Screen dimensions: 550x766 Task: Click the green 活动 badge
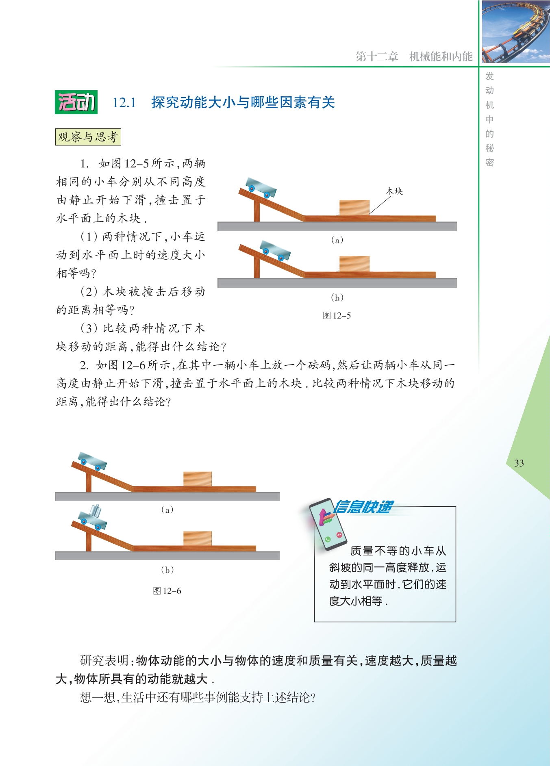click(x=76, y=102)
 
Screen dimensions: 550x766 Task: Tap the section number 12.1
click(x=124, y=102)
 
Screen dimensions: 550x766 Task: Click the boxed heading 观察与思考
click(x=88, y=137)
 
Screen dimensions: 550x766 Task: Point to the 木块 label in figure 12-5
click(x=394, y=191)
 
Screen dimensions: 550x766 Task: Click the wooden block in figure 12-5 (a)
click(x=354, y=208)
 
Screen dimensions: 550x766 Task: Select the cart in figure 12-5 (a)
click(x=261, y=187)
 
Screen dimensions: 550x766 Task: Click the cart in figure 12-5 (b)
click(x=275, y=251)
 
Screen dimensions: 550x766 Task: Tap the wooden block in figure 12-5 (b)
click(x=354, y=264)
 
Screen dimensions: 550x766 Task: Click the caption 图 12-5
click(x=337, y=316)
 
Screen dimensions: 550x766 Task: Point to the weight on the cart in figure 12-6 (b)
click(x=96, y=510)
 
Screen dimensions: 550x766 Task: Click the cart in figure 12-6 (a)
click(x=92, y=461)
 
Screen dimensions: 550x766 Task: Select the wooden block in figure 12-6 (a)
click(x=198, y=479)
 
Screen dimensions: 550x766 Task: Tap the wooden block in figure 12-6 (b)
click(x=198, y=538)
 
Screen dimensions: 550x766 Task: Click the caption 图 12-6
click(x=167, y=591)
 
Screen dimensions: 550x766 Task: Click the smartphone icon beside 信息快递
click(x=328, y=525)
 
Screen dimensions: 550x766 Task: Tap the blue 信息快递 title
click(x=363, y=507)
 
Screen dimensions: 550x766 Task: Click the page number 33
click(x=519, y=463)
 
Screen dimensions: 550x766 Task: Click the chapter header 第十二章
click(x=377, y=56)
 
